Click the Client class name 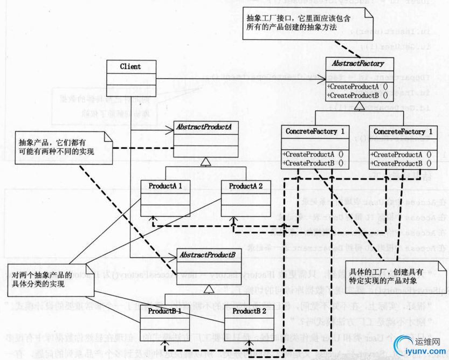point(130,67)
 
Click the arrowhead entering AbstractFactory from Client point(322,80)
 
